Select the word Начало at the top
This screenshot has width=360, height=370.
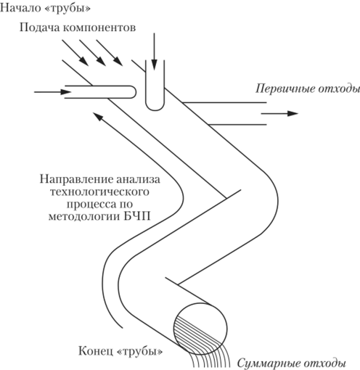tap(20, 7)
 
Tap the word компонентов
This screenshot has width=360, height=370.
tap(99, 28)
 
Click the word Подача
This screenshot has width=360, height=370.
tap(39, 27)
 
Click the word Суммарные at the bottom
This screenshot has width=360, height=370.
tap(267, 363)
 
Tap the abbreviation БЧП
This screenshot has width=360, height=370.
tap(137, 216)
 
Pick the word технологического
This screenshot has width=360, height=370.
tap(99, 192)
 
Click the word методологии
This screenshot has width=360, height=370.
tap(84, 216)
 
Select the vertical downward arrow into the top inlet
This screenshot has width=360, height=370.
tap(155, 52)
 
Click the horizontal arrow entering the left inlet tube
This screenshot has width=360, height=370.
tap(53, 92)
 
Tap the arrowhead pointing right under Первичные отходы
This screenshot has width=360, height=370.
tap(292, 113)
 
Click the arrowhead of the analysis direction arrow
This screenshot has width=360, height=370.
tap(98, 117)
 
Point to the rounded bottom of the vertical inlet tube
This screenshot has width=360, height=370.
tap(155, 107)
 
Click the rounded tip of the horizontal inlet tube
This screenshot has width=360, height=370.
tap(134, 92)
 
